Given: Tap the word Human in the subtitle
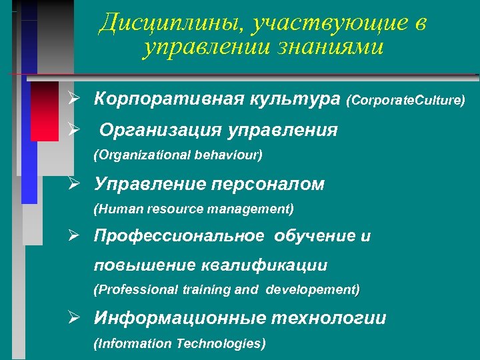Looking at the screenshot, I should coord(118,209).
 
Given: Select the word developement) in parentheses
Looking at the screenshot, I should coord(313,290).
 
